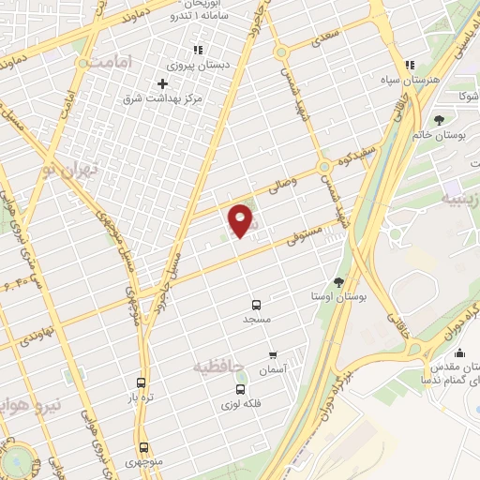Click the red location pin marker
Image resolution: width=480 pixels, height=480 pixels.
(x=242, y=220)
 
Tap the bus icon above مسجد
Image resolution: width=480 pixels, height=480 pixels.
(x=256, y=304)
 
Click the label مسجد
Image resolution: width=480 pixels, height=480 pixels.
(x=256, y=320)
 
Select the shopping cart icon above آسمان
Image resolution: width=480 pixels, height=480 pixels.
(x=273, y=355)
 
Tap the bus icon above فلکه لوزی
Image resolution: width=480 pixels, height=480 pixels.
(x=240, y=389)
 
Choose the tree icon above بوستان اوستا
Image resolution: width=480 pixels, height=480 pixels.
(x=338, y=281)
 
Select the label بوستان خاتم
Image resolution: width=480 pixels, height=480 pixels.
(x=439, y=136)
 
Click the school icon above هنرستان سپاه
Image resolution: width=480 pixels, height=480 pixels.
(x=409, y=66)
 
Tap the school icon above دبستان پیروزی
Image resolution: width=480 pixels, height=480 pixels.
(x=197, y=50)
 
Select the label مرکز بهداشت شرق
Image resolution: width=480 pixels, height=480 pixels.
(x=163, y=98)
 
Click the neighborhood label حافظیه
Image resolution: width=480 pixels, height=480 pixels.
(x=218, y=365)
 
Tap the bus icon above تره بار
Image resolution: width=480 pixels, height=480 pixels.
(x=141, y=382)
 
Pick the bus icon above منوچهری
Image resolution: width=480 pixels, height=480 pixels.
(x=143, y=447)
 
